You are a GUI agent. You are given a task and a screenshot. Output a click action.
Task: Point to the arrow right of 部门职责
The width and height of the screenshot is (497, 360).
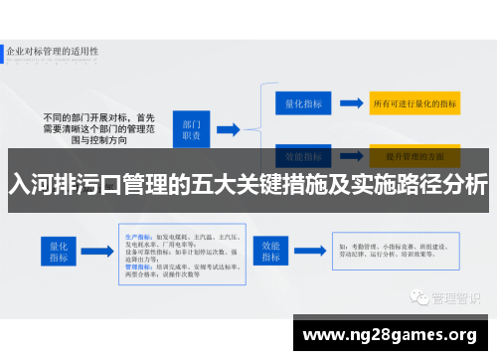pos(228,128)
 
